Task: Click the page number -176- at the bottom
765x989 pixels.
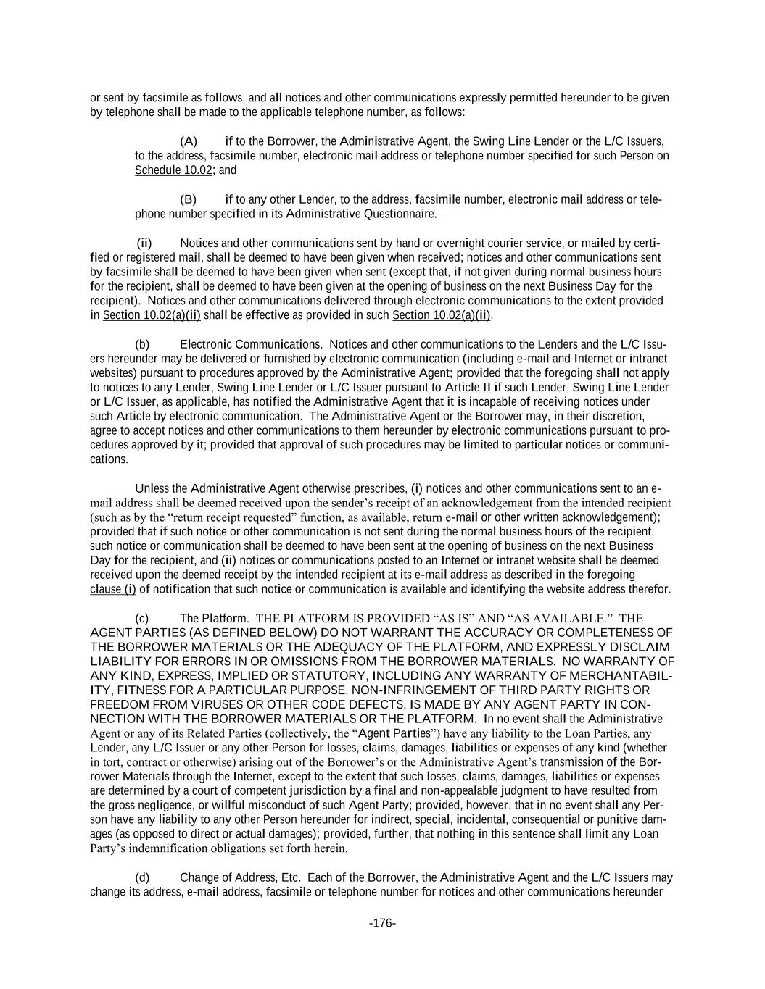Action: pyautogui.click(x=382, y=923)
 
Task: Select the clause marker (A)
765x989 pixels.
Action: pyautogui.click(x=189, y=141)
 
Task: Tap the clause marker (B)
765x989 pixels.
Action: pyautogui.click(x=189, y=199)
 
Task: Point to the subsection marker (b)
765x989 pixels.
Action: pyautogui.click(x=143, y=344)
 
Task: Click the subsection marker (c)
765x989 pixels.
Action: pyautogui.click(x=143, y=618)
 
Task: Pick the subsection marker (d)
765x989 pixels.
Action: pyautogui.click(x=143, y=877)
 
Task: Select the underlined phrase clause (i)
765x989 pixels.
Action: pyautogui.click(x=113, y=589)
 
